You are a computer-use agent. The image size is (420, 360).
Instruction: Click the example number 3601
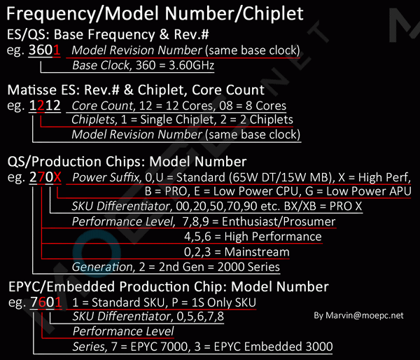tap(45, 50)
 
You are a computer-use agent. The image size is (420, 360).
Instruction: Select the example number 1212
tap(45, 106)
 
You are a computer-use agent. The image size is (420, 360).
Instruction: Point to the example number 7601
tap(45, 302)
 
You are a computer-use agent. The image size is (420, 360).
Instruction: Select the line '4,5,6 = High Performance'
tap(252, 237)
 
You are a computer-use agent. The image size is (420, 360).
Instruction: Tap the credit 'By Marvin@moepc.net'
tap(359, 316)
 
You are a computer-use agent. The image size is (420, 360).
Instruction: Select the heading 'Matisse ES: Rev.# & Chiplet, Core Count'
tap(136, 90)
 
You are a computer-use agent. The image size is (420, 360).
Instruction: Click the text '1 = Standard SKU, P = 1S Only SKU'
tap(164, 302)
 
